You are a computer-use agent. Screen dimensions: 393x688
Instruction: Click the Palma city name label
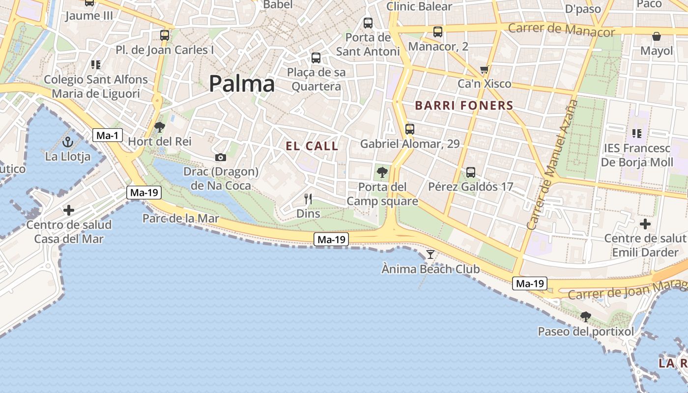242,84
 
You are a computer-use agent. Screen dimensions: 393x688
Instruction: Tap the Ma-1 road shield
107,135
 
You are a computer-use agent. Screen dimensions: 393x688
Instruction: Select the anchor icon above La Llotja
68,142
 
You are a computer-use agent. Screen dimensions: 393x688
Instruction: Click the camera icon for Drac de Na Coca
221,157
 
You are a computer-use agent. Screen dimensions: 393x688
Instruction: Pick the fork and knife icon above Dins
308,199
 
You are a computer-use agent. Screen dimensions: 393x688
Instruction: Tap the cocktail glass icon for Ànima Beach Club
430,254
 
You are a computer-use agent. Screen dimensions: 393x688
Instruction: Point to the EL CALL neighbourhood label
312,146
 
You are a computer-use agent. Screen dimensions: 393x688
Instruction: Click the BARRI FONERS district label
464,106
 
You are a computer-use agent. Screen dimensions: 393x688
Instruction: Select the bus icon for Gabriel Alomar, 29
409,129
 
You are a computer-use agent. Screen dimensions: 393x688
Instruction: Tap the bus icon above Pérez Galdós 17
471,172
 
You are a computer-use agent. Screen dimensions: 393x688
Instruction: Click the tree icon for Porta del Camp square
382,172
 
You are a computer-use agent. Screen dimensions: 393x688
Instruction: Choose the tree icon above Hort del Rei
159,127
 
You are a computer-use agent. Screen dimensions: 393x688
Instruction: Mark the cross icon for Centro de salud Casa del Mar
69,210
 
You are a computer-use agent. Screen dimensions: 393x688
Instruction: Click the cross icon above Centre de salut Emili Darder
645,224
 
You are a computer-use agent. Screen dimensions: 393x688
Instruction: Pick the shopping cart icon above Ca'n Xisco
485,70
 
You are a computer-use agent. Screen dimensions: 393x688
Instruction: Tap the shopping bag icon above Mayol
657,36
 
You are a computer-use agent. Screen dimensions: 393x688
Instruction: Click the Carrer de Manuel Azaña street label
553,165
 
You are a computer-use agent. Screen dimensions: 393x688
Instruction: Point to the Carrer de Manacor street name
561,29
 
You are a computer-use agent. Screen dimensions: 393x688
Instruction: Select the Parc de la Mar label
180,219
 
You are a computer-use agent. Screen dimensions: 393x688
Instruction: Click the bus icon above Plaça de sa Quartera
316,58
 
